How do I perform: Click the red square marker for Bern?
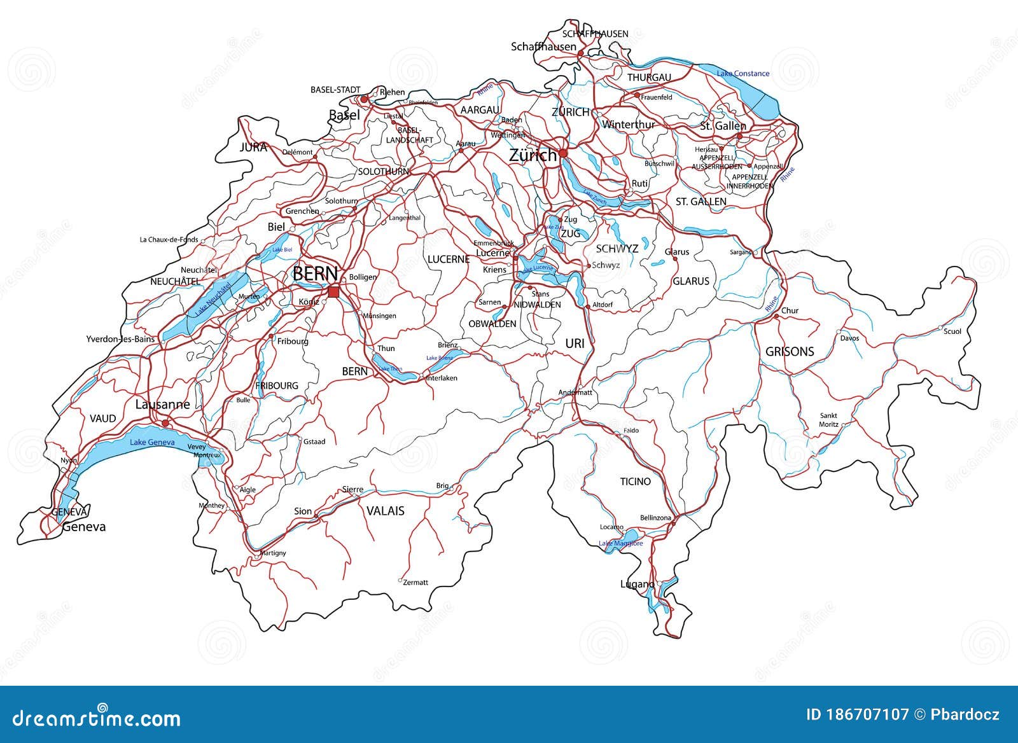pyautogui.click(x=333, y=292)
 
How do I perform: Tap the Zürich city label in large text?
pyautogui.click(x=533, y=155)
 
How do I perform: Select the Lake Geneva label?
pyautogui.click(x=152, y=442)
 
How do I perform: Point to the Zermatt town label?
pyautogui.click(x=416, y=582)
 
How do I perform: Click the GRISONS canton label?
pyautogui.click(x=790, y=351)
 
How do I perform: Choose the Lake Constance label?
pyautogui.click(x=743, y=74)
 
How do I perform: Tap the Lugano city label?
pyautogui.click(x=637, y=584)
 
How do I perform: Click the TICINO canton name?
pyautogui.click(x=636, y=482)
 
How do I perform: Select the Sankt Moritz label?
pyautogui.click(x=828, y=420)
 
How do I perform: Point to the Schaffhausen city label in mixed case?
pyautogui.click(x=543, y=46)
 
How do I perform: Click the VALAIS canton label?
pyautogui.click(x=385, y=511)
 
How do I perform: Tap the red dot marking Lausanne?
pyautogui.click(x=165, y=423)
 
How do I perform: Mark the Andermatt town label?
pyautogui.click(x=575, y=392)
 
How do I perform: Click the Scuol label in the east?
pyautogui.click(x=952, y=331)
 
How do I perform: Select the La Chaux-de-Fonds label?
pyautogui.click(x=169, y=240)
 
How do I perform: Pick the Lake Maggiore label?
pyautogui.click(x=621, y=543)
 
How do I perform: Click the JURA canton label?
pyautogui.click(x=253, y=147)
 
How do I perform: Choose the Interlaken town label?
pyautogui.click(x=442, y=378)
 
